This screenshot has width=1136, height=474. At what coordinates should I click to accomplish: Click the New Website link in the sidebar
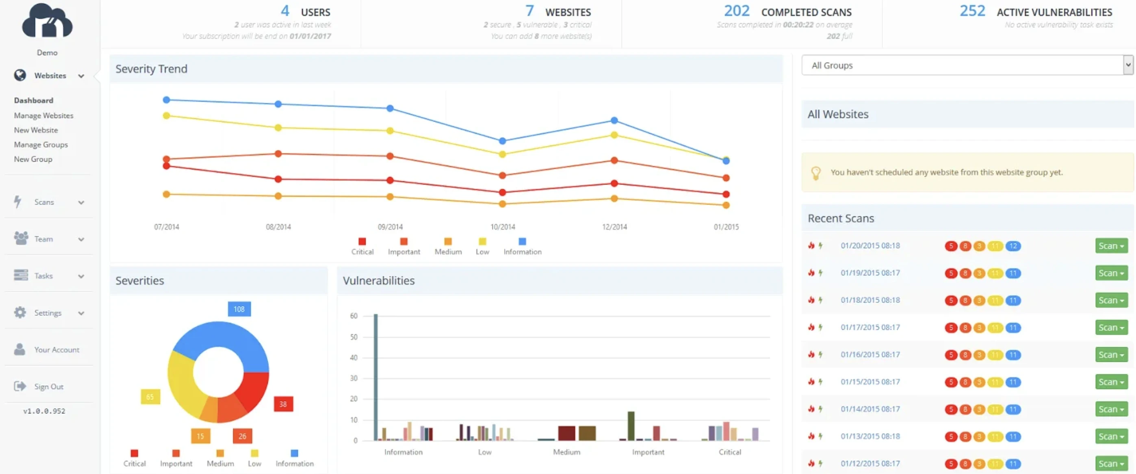pyautogui.click(x=36, y=130)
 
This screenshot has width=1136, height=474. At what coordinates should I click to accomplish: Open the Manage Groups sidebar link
pyautogui.click(x=41, y=145)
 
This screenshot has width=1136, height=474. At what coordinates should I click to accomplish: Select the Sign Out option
pyautogui.click(x=48, y=387)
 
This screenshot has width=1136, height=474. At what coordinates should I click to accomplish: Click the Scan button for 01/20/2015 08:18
pyautogui.click(x=1111, y=246)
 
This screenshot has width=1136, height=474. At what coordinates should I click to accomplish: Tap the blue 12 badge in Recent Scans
pyautogui.click(x=1013, y=246)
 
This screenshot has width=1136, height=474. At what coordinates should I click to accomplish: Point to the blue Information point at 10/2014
pyautogui.click(x=502, y=141)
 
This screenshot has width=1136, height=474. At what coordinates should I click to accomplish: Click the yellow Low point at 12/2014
pyautogui.click(x=614, y=135)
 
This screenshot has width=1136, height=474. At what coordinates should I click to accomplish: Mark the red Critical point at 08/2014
pyautogui.click(x=278, y=179)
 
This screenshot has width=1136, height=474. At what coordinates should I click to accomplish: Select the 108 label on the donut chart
pyautogui.click(x=239, y=309)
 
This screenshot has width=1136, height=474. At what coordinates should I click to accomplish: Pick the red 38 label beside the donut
pyautogui.click(x=283, y=404)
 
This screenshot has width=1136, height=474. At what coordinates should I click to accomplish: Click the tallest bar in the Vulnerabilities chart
pyautogui.click(x=376, y=377)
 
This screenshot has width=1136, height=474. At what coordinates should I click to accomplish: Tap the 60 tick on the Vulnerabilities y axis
pyautogui.click(x=353, y=316)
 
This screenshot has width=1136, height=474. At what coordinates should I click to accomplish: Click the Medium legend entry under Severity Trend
pyautogui.click(x=448, y=246)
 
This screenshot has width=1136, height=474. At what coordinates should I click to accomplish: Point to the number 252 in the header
pyautogui.click(x=972, y=11)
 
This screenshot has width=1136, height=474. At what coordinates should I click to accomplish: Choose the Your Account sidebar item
pyautogui.click(x=56, y=350)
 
